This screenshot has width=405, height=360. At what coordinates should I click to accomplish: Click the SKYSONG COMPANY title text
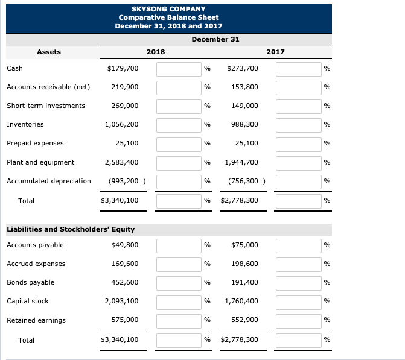[x=168, y=9]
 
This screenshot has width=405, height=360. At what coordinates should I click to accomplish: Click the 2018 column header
[x=155, y=52]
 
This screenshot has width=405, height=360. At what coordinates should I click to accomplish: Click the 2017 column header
[x=275, y=52]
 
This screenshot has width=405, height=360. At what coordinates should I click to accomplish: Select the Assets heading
[x=49, y=52]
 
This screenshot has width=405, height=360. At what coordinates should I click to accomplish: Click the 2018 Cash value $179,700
[x=123, y=68]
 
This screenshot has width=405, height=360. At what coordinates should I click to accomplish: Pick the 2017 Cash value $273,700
[x=242, y=68]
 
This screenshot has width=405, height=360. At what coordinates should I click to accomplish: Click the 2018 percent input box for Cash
[x=179, y=69]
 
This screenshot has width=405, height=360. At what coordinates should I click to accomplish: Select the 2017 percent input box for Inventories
[x=298, y=125]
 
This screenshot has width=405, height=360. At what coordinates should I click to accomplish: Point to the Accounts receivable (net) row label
[x=48, y=87]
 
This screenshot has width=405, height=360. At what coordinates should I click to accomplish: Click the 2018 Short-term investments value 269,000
[x=125, y=106]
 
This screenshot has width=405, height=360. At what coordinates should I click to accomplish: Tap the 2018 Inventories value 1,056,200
[x=121, y=124]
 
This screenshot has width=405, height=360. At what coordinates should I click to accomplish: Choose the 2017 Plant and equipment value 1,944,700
[x=241, y=162]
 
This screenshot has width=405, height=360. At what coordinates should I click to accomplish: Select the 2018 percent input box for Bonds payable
[x=179, y=283]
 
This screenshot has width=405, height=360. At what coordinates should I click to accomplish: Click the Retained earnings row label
[x=36, y=320]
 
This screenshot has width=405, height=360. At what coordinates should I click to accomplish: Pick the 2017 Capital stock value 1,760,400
[x=241, y=301]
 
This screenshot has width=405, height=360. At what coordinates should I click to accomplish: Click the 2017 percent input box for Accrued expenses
[x=298, y=264]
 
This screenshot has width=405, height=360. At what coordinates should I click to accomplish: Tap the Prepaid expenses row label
[x=35, y=143]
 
